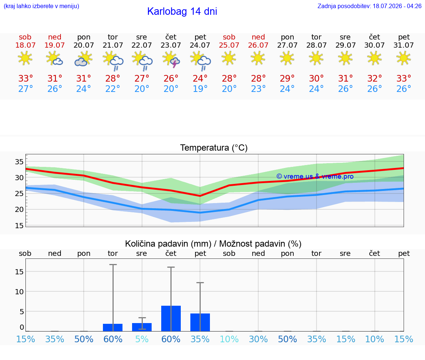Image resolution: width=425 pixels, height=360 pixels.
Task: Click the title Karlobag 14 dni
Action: point(182,11)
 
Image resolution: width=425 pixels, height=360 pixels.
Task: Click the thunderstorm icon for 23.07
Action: point(171,60)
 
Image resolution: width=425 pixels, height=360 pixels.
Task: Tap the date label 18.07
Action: point(25,45)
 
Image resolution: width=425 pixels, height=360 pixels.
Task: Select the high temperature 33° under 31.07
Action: point(404,78)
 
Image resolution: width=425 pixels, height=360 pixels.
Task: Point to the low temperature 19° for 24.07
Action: point(200,89)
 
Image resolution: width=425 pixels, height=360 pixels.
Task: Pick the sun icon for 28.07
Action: point(316,58)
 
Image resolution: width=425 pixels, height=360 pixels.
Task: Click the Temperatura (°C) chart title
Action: point(214,148)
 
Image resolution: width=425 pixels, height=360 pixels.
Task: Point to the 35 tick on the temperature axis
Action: point(19,162)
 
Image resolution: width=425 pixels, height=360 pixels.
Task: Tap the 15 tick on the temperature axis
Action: point(19,226)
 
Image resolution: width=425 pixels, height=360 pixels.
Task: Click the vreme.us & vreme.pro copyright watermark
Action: point(315,176)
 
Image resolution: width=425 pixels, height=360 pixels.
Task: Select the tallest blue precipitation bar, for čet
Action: point(171,319)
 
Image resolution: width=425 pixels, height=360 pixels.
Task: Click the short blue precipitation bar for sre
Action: point(142,327)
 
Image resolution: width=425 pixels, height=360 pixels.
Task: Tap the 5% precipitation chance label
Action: point(142,339)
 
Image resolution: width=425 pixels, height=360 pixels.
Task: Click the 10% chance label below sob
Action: point(229,339)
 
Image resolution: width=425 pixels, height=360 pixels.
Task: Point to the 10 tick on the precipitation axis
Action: point(19,292)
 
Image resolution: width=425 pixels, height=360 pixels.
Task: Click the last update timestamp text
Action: point(369,6)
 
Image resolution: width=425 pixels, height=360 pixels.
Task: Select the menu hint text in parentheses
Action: point(41,6)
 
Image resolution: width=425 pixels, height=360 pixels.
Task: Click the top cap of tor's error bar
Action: point(113,264)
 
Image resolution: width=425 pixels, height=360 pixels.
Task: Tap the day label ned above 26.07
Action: point(258,37)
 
